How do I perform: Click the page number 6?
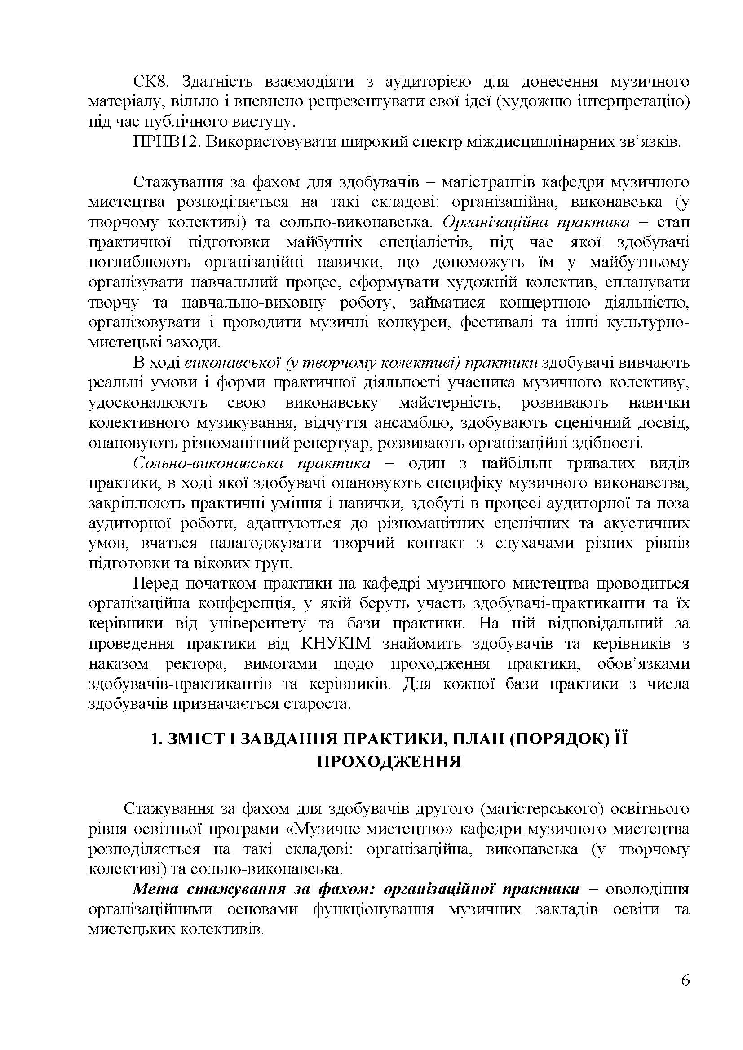[686, 993]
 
